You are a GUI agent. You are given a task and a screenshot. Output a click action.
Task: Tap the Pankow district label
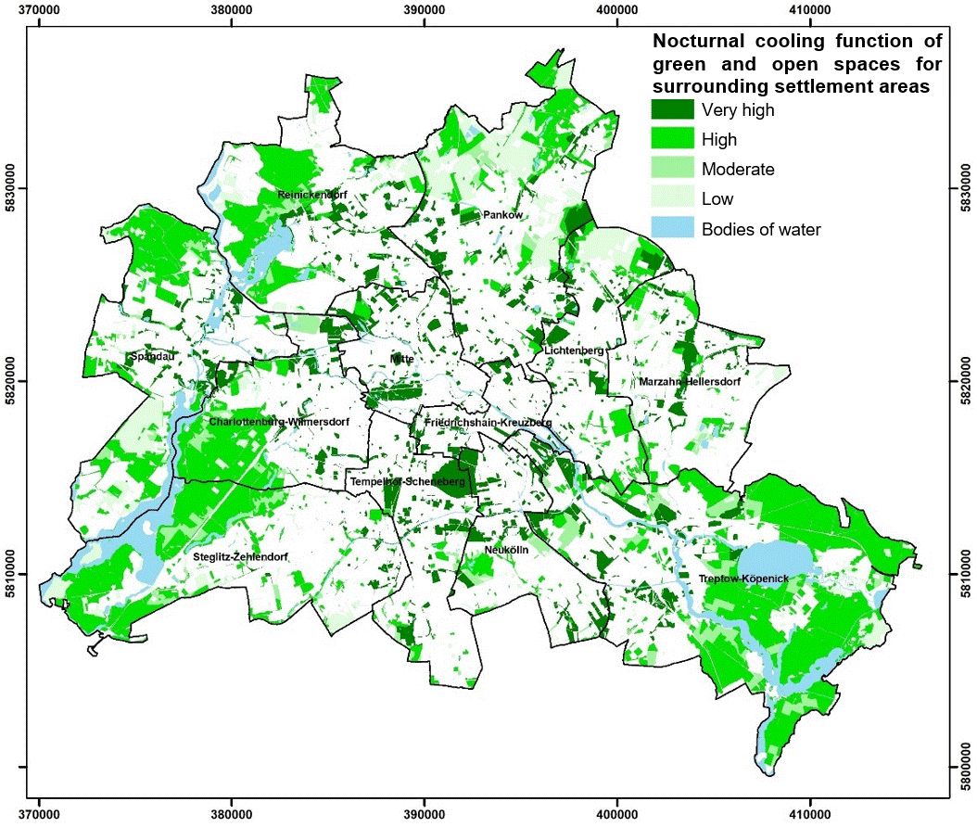[x=503, y=215]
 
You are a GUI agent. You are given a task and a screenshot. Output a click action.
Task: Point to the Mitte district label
[x=401, y=358]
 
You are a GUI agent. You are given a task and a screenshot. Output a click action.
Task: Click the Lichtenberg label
[x=574, y=350]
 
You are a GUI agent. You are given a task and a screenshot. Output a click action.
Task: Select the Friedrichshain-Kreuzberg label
[x=488, y=423]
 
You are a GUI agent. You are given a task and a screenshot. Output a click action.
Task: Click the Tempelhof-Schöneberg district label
[x=407, y=483]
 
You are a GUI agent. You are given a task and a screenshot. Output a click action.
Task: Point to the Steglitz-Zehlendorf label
[x=241, y=556]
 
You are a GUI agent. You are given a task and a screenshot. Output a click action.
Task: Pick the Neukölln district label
[x=506, y=550]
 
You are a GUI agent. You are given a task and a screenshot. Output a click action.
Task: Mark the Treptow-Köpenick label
[x=743, y=579]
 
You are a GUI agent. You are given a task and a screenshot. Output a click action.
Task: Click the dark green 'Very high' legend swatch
[x=672, y=110]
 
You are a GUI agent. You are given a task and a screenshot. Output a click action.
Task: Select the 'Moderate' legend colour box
[x=672, y=170]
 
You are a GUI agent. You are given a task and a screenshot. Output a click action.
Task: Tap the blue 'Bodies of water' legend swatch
[x=672, y=229]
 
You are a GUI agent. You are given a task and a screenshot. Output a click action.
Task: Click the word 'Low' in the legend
[x=717, y=199]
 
